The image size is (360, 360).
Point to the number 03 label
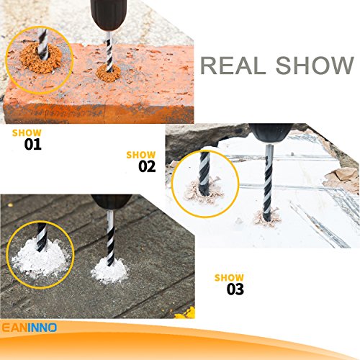pyautogui.click(x=235, y=289)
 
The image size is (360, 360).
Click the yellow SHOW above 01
pyautogui.click(x=27, y=132)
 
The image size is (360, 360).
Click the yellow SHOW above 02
pyautogui.click(x=140, y=154)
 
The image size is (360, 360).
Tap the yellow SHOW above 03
pyautogui.click(x=229, y=277)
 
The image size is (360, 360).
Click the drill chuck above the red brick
pyautogui.click(x=106, y=10)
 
